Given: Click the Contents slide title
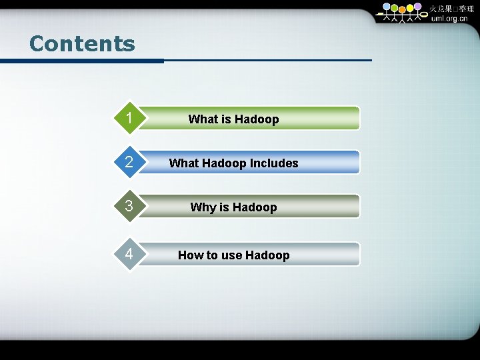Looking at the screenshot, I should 82,44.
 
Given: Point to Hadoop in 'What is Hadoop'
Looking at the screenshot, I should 257,119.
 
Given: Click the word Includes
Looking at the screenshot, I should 274,163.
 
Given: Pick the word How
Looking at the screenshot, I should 190,255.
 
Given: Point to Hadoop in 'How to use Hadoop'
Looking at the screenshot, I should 267,255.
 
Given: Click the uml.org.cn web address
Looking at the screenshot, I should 449,19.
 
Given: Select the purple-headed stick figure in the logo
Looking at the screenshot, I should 417,9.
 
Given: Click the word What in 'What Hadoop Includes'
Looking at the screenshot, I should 183,163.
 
